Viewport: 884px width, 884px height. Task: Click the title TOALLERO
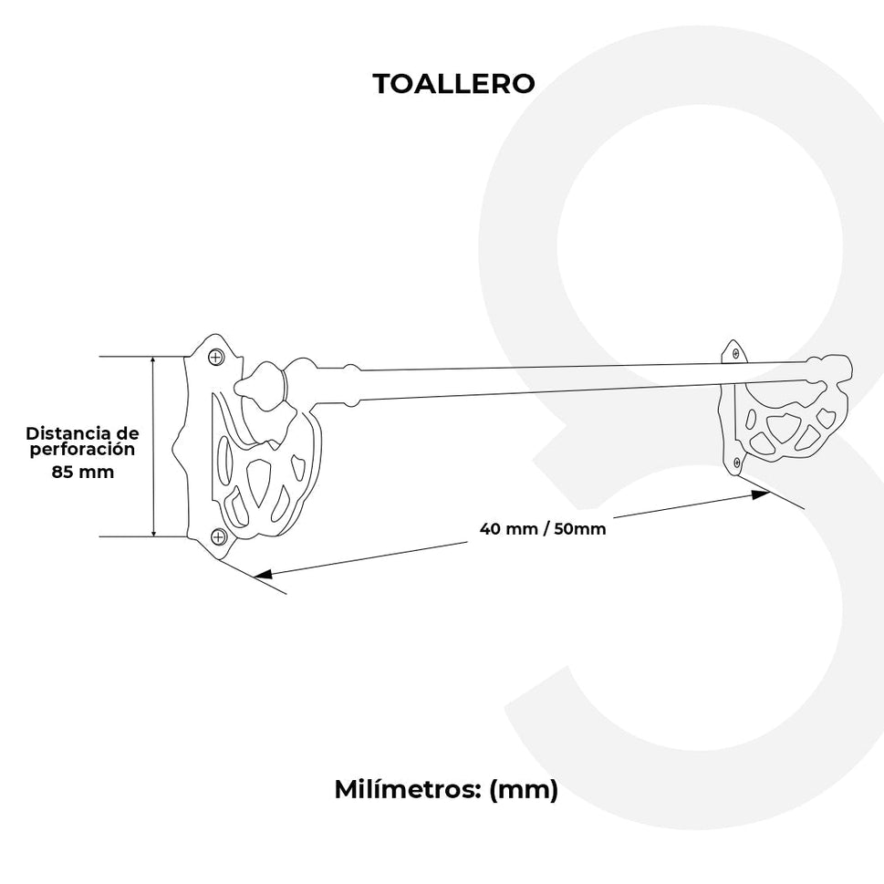click(x=453, y=83)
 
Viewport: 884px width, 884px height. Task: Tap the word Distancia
click(x=68, y=433)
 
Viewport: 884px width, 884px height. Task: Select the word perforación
click(x=82, y=450)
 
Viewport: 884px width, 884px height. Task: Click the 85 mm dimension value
click(x=83, y=472)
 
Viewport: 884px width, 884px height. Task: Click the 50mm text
click(x=580, y=529)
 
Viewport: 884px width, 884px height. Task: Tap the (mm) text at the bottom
click(x=524, y=790)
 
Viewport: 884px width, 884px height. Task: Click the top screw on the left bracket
click(x=215, y=357)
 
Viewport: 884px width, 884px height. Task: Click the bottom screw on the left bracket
click(x=218, y=536)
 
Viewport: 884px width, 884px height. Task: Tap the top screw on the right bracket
click(x=735, y=353)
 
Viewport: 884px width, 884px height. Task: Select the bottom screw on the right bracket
click(x=737, y=463)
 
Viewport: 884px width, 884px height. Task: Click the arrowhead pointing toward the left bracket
click(x=264, y=575)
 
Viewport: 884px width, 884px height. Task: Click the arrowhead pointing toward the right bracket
click(x=761, y=494)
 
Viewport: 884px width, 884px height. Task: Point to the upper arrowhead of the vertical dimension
click(x=153, y=361)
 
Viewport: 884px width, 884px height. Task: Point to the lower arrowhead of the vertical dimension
click(x=153, y=531)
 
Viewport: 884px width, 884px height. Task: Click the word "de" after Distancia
click(x=127, y=433)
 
